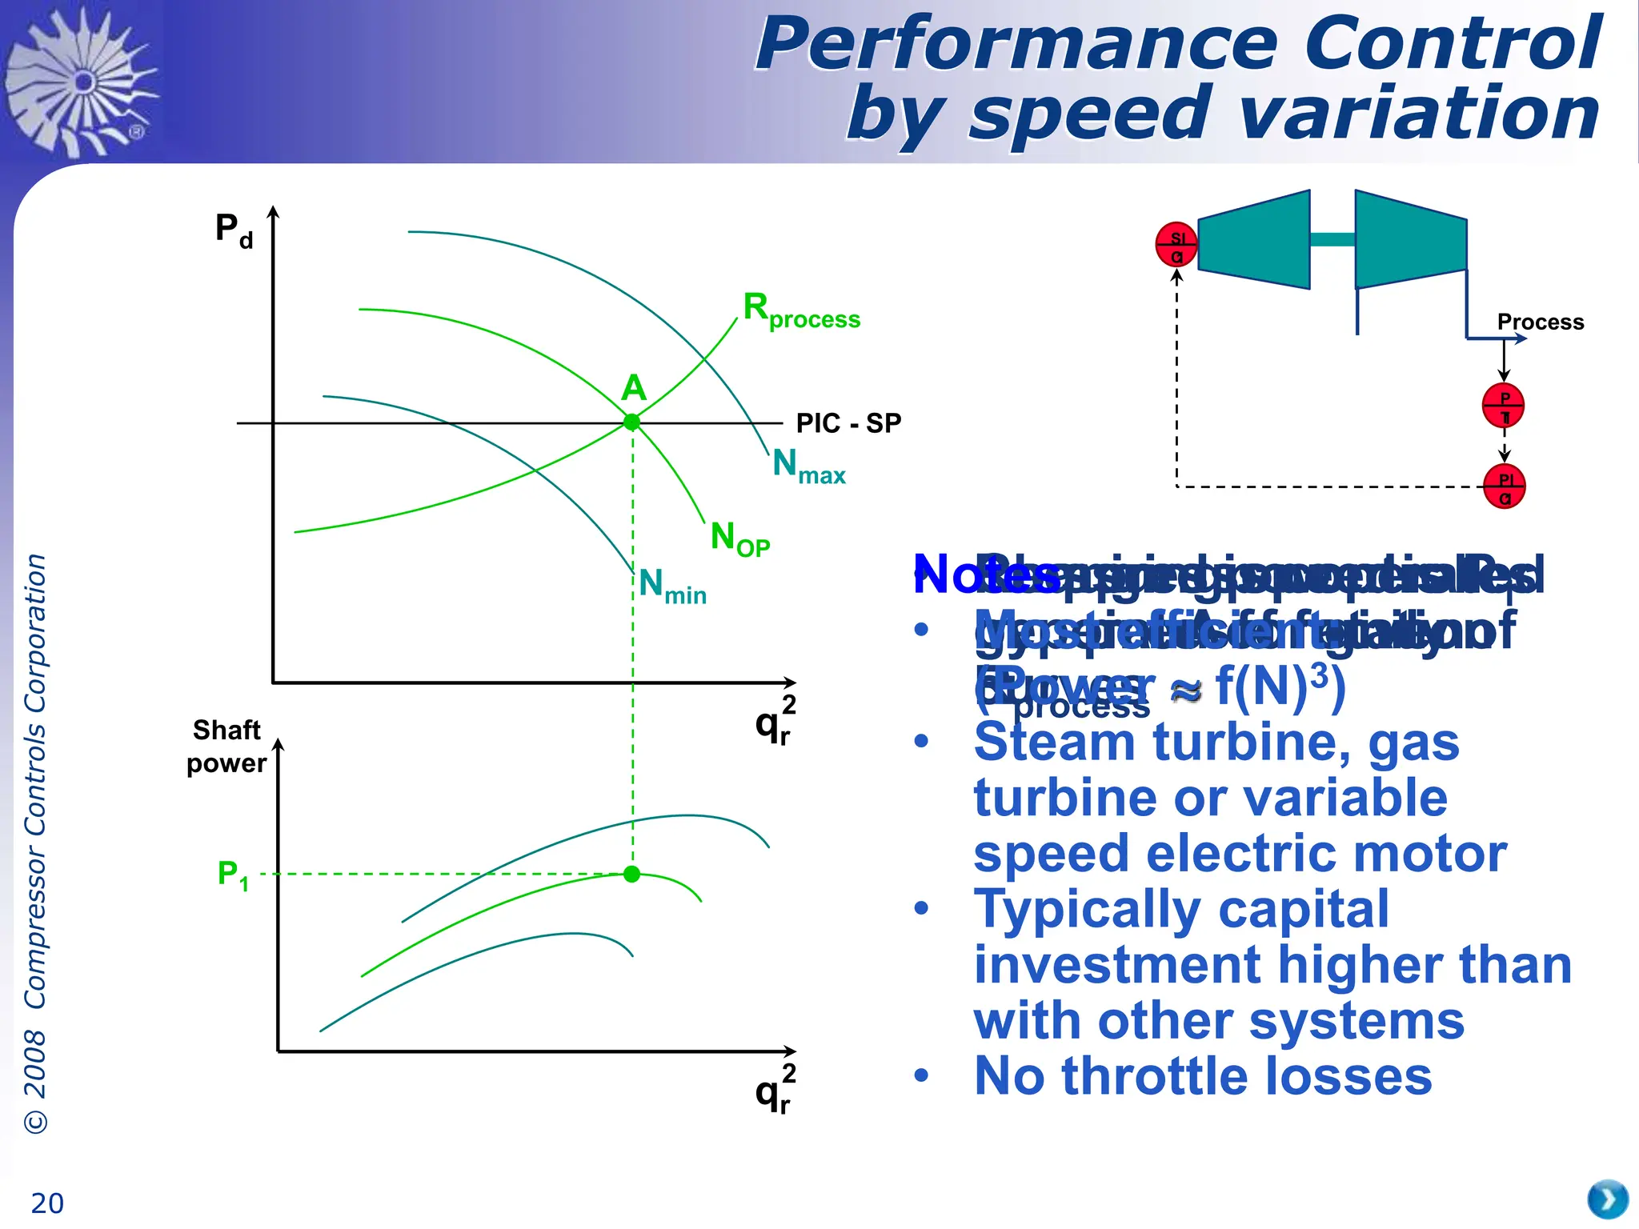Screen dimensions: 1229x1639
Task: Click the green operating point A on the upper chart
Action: [632, 422]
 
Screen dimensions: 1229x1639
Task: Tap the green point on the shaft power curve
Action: [632, 874]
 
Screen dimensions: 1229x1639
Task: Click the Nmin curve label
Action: [672, 586]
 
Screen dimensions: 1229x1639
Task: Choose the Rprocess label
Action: [801, 310]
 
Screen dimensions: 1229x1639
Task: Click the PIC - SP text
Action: [848, 422]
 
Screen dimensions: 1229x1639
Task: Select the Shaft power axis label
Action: [226, 746]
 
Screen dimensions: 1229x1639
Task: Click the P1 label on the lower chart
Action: [233, 875]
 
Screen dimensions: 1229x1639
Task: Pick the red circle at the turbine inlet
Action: [1176, 245]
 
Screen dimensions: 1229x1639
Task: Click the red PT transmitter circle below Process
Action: [1503, 406]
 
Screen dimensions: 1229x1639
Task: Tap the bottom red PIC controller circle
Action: [1504, 486]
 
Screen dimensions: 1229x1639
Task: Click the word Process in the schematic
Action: [1541, 322]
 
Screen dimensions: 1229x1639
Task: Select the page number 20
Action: [47, 1203]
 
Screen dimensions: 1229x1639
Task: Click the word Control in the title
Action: [1453, 44]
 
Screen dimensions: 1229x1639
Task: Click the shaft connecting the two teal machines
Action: [1332, 239]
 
